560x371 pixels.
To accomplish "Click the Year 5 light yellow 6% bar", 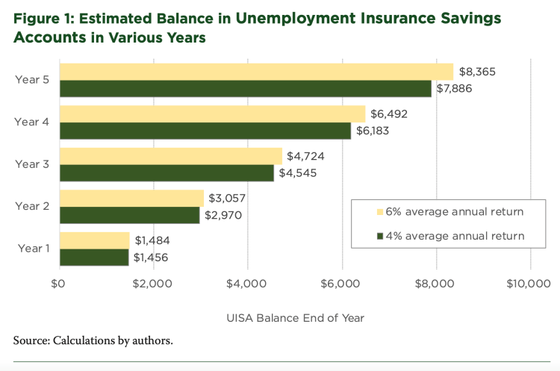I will point(256,72).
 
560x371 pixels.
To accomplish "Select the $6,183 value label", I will point(382,131).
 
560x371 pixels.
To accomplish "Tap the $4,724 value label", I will point(304,156).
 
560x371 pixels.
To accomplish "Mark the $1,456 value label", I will point(152,258).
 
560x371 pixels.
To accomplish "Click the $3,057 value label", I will point(225,198).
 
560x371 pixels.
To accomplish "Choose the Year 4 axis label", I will point(31,122).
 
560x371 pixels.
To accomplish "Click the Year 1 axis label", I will point(31,249).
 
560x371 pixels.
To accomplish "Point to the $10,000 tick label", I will point(529,284).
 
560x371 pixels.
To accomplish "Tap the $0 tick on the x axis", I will point(58,284).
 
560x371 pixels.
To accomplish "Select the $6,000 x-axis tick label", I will point(341,284).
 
